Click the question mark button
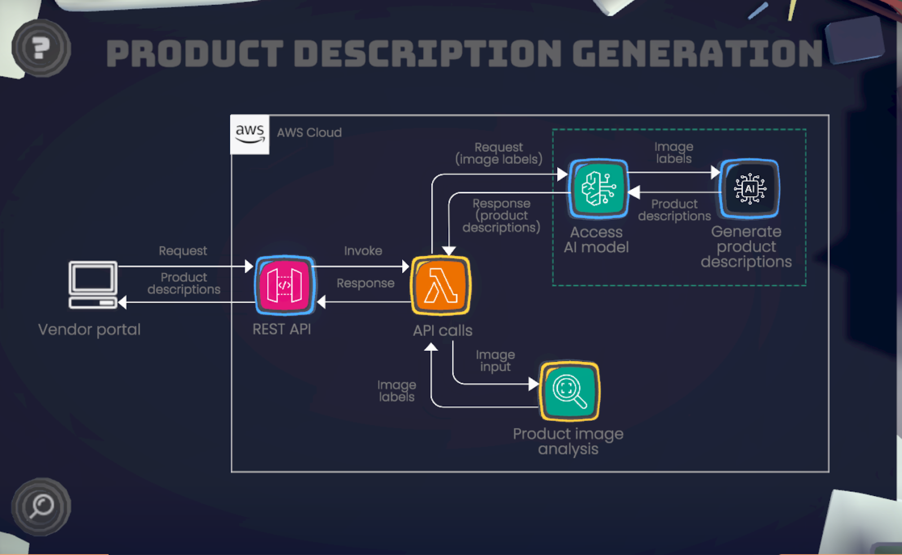(41, 48)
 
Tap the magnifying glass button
(41, 507)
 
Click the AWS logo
(250, 134)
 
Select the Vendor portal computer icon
(93, 285)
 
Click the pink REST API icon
(285, 285)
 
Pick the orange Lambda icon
(441, 285)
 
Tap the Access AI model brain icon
(598, 188)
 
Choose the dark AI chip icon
(750, 189)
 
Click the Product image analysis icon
(569, 391)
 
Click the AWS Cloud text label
(309, 133)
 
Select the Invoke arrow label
(363, 251)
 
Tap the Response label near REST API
(365, 283)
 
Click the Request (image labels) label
(499, 153)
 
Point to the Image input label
(495, 361)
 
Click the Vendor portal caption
(89, 330)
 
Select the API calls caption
(443, 331)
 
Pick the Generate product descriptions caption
(746, 247)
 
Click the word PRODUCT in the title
(195, 54)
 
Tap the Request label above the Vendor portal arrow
(183, 251)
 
